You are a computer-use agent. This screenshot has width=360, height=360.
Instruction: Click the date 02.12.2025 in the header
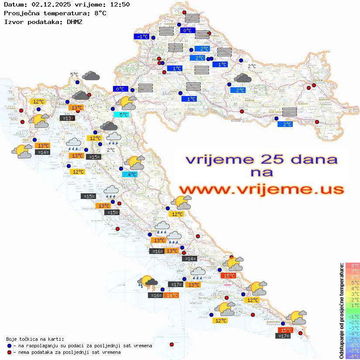[49, 5]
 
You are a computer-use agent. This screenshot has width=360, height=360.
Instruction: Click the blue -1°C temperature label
[142, 37]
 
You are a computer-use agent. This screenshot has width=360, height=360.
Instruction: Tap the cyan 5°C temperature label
[121, 115]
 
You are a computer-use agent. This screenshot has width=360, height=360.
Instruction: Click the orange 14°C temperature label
[171, 295]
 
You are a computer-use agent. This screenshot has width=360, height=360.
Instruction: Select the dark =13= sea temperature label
[67, 118]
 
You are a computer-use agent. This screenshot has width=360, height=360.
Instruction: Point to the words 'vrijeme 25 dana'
[261, 159]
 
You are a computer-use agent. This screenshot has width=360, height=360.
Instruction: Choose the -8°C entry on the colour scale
[352, 357]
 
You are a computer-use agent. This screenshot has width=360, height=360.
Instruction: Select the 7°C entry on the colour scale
[352, 271]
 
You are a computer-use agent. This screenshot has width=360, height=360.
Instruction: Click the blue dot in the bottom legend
[9, 346]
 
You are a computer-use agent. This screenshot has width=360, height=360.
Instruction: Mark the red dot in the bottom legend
[9, 352]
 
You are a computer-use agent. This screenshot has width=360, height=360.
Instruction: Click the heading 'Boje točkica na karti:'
[34, 339]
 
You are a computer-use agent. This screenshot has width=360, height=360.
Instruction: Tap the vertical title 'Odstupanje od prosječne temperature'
[342, 311]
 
